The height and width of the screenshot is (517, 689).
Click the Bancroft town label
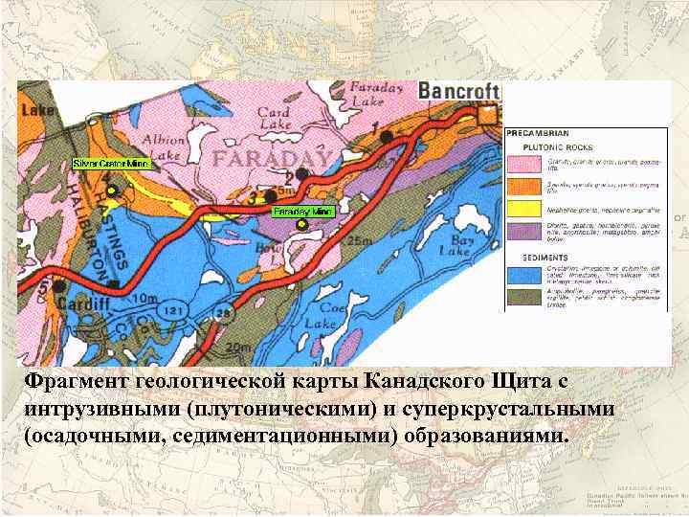pos(459,91)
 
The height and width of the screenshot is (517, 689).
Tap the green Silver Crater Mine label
pos(110,164)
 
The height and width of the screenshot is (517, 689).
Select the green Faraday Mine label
pos(302,211)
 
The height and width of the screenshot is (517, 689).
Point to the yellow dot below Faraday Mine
pos(301,225)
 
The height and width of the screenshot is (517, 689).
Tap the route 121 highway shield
pos(172,312)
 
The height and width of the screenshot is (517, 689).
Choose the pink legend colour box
pos(524,162)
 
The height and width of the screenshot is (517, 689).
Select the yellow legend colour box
pos(524,208)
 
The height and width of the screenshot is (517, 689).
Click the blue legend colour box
pos(524,274)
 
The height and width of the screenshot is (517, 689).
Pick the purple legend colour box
pos(524,230)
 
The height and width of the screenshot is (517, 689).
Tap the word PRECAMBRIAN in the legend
pos(538,133)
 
